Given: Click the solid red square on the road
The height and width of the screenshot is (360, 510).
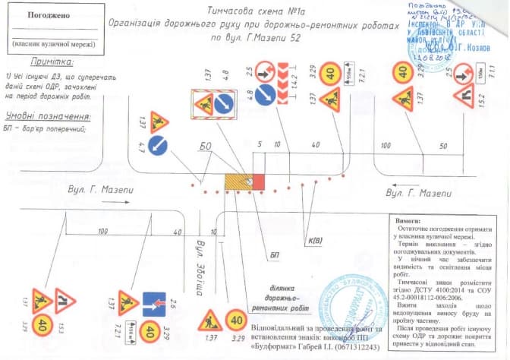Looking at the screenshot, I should (257, 182).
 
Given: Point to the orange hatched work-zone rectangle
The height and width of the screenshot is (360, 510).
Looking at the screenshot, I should (238, 182).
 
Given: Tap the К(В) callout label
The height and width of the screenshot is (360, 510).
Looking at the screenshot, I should (315, 242).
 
